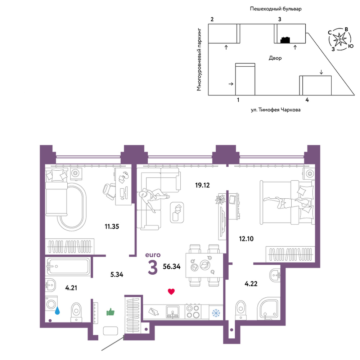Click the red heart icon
(171, 292)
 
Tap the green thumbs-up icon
(111, 312)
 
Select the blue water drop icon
(57, 311)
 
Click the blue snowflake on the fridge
(216, 313)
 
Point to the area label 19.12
(202, 185)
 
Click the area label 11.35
(112, 226)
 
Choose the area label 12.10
(246, 239)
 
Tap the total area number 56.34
(171, 266)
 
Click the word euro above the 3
(153, 255)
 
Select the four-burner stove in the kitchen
(193, 311)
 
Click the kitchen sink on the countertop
(173, 312)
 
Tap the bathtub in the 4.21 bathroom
(68, 266)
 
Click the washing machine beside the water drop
(51, 304)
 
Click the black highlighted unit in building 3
(285, 40)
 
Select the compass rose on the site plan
(339, 39)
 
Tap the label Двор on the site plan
(275, 58)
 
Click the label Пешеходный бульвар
(276, 9)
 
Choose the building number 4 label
(307, 100)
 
